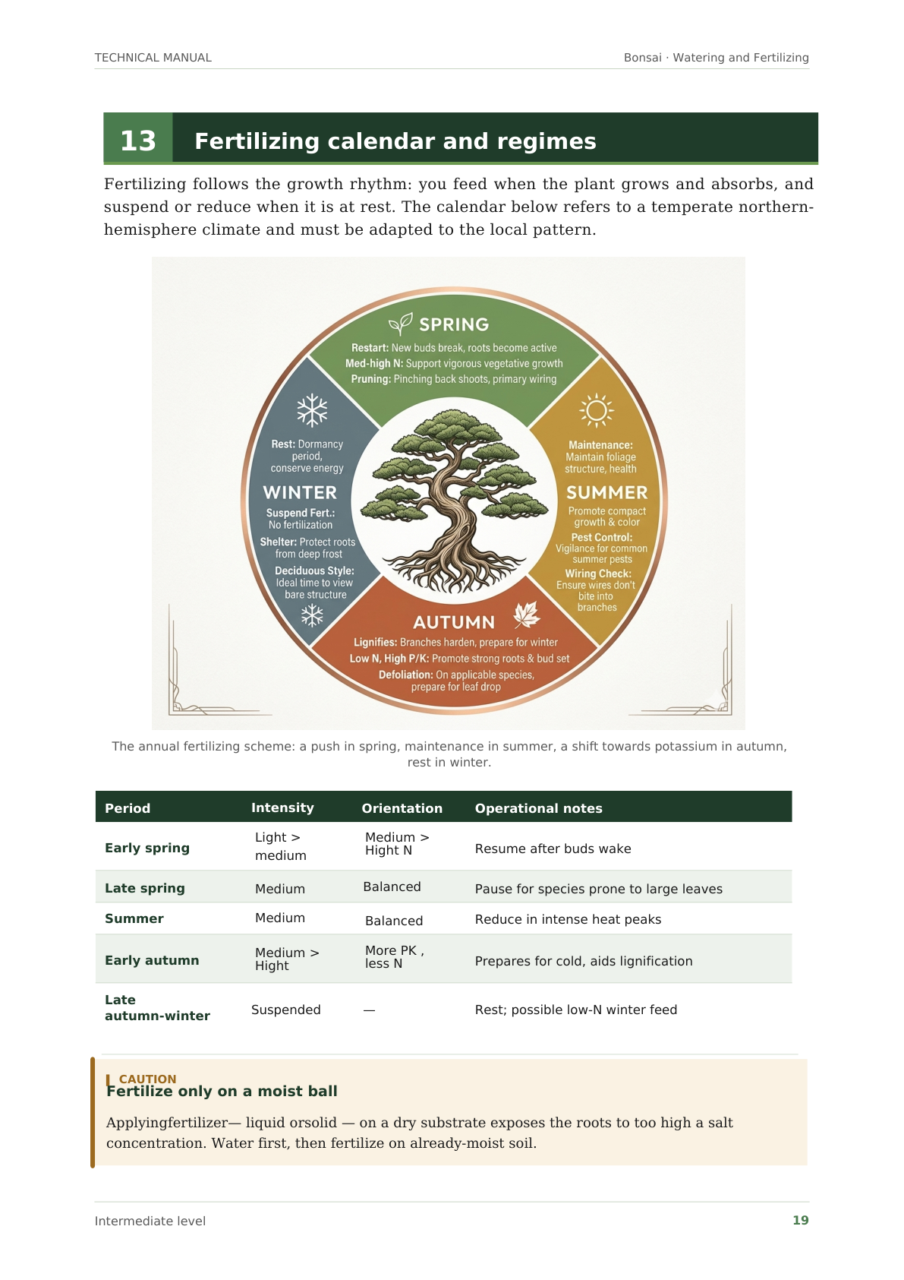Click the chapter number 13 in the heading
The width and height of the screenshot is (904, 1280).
137,141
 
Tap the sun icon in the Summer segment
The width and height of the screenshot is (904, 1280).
596,409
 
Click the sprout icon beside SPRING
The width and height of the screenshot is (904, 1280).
400,324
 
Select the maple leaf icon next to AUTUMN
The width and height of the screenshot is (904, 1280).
526,615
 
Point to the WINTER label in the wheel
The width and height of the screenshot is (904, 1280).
300,492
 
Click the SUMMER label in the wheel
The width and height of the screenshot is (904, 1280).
606,492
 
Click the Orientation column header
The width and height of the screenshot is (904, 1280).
402,808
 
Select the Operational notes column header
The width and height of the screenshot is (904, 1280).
538,808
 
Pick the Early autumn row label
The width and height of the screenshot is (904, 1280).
152,960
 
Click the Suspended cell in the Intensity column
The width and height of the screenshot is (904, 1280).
285,1010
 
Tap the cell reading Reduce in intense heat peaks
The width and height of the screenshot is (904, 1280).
568,919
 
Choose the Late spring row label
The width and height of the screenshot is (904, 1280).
144,888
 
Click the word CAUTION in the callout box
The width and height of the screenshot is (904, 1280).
147,1079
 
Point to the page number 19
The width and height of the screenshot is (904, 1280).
800,1220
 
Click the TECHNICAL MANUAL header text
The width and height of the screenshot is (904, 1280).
153,58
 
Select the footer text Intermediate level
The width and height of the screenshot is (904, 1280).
150,1222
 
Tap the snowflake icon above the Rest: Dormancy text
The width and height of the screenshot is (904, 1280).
312,409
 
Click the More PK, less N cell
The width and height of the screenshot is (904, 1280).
394,956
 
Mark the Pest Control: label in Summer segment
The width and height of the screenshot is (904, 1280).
601,537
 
